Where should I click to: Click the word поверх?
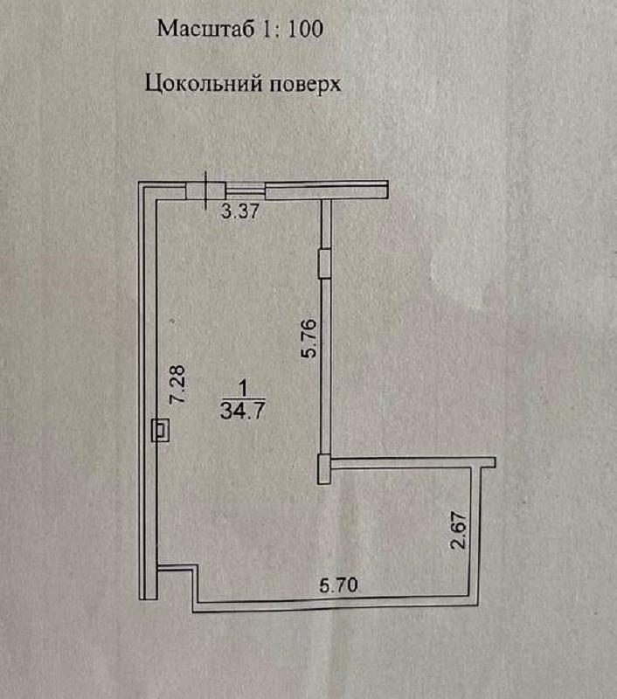tap(296, 84)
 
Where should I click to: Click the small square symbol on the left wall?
tap(161, 430)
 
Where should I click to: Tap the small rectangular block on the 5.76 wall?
tap(323, 260)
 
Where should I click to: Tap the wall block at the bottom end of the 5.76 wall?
tap(323, 468)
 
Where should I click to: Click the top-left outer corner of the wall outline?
tap(142, 183)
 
